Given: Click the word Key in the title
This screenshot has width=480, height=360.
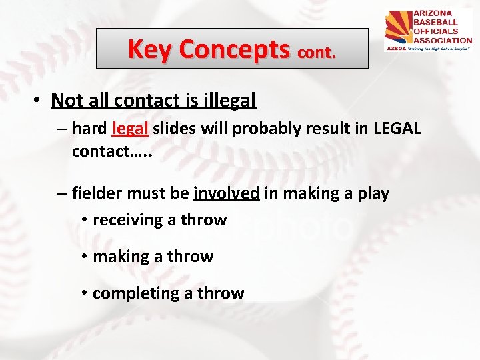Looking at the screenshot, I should (x=151, y=49).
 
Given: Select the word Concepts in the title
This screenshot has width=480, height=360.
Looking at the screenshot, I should (x=235, y=49).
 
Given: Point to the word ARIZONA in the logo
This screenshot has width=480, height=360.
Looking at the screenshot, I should (x=433, y=13).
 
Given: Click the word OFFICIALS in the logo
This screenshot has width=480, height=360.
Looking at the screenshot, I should (x=437, y=31).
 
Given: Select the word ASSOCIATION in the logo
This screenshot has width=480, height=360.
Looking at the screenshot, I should (x=443, y=39).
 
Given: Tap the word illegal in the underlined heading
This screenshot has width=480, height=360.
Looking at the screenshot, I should (x=230, y=101).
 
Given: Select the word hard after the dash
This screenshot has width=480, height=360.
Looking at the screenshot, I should (x=90, y=128).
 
